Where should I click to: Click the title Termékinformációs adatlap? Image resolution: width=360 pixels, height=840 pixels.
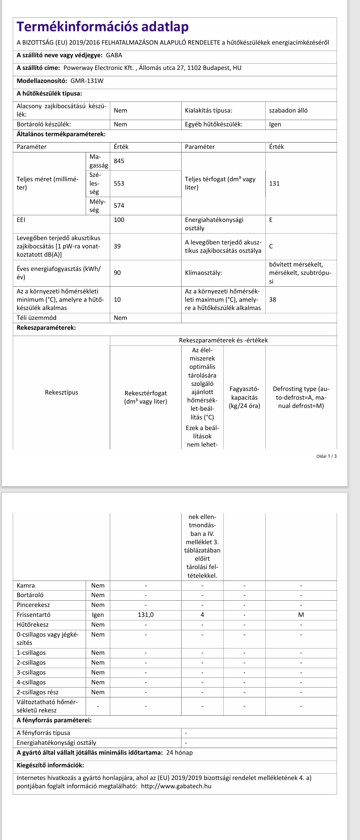tap(103, 27)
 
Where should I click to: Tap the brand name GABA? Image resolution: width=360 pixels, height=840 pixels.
tap(114, 55)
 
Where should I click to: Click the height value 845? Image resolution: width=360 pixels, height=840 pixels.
tap(119, 161)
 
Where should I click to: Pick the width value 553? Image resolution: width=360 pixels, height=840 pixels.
tap(119, 184)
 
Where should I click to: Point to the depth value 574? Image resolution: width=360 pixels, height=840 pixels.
tap(119, 206)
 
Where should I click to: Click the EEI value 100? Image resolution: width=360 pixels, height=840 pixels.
tap(119, 220)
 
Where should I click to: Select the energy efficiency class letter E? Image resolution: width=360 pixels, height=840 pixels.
tap(271, 220)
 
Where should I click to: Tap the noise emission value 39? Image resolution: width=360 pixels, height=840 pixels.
tap(117, 246)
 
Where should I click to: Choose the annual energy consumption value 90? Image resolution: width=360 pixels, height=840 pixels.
tap(117, 273)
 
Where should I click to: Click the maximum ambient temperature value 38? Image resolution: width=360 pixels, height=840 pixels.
tap(273, 300)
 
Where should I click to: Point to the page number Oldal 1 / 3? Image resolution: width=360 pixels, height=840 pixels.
tap(326, 456)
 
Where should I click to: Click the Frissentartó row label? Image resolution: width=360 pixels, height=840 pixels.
tap(34, 615)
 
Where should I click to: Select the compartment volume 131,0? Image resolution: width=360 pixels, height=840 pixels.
tap(146, 615)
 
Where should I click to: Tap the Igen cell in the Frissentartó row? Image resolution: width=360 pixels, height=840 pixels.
tap(98, 615)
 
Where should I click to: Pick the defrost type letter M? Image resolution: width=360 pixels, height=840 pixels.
tap(301, 615)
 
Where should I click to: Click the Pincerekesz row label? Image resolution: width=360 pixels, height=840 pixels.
tap(33, 605)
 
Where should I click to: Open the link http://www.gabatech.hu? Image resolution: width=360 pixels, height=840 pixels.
tap(176, 786)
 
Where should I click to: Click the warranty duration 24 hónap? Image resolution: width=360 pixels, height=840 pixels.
tap(180, 753)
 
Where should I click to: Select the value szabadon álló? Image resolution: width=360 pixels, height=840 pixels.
tap(288, 111)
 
